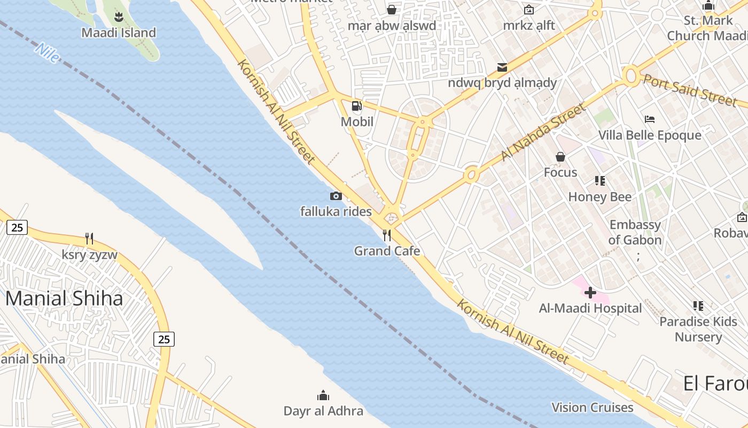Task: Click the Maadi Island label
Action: click(x=119, y=33)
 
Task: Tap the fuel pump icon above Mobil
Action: click(x=357, y=106)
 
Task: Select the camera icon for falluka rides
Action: click(x=336, y=196)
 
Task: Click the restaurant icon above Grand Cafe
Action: click(x=387, y=235)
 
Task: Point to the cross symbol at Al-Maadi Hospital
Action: click(x=590, y=293)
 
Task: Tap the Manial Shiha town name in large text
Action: click(x=64, y=299)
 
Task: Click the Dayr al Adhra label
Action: click(x=323, y=411)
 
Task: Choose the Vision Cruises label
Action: click(x=592, y=408)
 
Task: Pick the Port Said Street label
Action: click(x=690, y=90)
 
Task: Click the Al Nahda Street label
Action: click(x=543, y=132)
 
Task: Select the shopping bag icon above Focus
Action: click(x=560, y=157)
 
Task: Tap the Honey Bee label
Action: click(x=599, y=197)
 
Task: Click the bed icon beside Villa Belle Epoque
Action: click(x=650, y=119)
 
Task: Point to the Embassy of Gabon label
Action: click(x=635, y=232)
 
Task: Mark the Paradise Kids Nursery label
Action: click(x=698, y=329)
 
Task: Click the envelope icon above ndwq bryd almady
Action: click(x=502, y=67)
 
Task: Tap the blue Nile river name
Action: click(x=47, y=53)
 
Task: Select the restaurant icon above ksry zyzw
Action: click(x=89, y=239)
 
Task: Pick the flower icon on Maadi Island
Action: click(x=119, y=17)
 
